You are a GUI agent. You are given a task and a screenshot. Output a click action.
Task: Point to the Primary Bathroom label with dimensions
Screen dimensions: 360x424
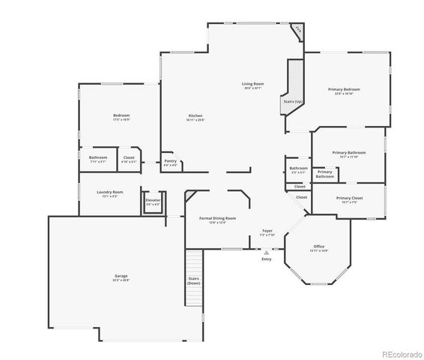click(x=350, y=154)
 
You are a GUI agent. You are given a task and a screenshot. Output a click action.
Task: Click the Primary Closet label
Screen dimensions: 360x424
click(x=348, y=199)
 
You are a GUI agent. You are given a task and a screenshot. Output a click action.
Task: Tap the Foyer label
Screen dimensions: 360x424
click(x=267, y=232)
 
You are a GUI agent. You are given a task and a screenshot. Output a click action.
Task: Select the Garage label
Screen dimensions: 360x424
click(x=121, y=277)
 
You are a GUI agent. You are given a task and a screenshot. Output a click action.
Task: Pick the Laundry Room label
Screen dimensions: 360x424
click(x=109, y=193)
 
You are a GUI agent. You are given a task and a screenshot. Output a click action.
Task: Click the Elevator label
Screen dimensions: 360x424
click(x=153, y=202)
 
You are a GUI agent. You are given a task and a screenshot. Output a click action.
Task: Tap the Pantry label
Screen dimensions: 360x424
click(x=170, y=163)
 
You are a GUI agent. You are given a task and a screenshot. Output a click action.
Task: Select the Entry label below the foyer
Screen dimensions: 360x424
click(x=267, y=259)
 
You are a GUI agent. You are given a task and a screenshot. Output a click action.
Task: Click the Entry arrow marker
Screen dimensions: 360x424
click(x=267, y=253)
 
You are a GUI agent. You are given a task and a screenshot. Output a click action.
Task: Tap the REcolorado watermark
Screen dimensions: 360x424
click(x=401, y=353)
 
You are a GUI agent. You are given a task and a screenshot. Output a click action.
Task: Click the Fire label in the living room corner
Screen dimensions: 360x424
click(x=298, y=30)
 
